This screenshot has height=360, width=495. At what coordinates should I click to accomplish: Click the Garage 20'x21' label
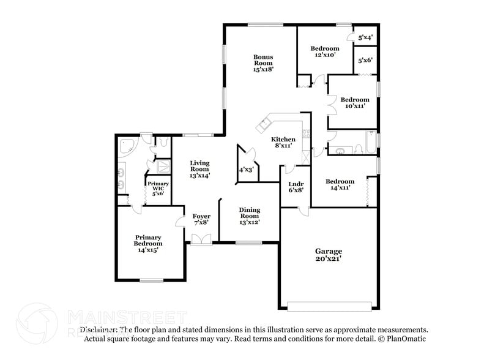pyautogui.click(x=328, y=255)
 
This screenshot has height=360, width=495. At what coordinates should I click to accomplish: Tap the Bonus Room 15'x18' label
pyautogui.click(x=263, y=63)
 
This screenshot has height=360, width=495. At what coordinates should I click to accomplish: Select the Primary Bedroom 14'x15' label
pyautogui.click(x=149, y=243)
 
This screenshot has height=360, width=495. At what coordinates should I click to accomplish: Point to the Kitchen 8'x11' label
pyautogui.click(x=283, y=142)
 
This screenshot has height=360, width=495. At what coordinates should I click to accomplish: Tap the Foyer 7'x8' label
pyautogui.click(x=201, y=220)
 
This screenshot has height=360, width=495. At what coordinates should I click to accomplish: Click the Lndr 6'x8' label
pyautogui.click(x=296, y=186)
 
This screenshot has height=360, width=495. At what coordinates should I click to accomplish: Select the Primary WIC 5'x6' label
pyautogui.click(x=158, y=189)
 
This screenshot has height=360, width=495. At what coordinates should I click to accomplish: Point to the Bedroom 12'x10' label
pyautogui.click(x=324, y=52)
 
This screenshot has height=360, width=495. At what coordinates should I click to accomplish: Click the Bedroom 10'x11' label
pyautogui.click(x=355, y=103)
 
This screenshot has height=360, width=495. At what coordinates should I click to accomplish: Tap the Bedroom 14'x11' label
pyautogui.click(x=340, y=185)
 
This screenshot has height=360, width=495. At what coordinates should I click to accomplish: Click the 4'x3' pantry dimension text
pyautogui.click(x=247, y=170)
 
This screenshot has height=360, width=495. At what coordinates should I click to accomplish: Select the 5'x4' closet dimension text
pyautogui.click(x=365, y=37)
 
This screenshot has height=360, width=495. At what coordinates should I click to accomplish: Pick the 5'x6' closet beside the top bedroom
pyautogui.click(x=365, y=60)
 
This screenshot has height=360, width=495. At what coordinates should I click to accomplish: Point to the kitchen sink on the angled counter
pyautogui.click(x=265, y=125)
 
